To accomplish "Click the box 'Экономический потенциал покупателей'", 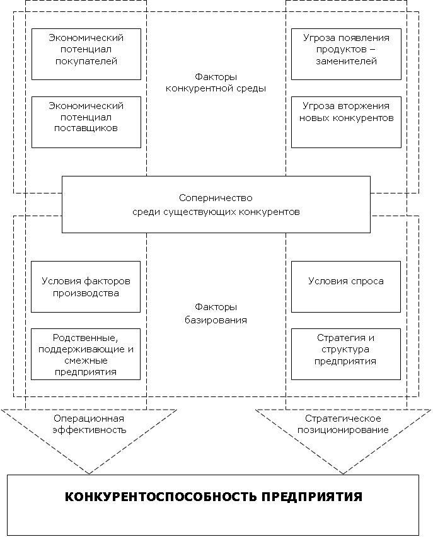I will point(86,54).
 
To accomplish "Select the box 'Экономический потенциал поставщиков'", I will point(86,122).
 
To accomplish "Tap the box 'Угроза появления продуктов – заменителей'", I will point(346,54).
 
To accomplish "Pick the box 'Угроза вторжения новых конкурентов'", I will point(346,122).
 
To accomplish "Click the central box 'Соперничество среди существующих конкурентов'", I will point(216,204).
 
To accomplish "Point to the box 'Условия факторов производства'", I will point(86,287).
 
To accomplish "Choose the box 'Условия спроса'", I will point(346,287).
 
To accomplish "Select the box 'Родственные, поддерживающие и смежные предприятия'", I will point(86,354).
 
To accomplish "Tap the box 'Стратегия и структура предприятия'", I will point(346,354).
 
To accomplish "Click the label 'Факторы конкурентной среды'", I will point(216,82).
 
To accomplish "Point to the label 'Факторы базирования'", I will point(216,313).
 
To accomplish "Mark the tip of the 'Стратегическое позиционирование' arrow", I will point(344,473).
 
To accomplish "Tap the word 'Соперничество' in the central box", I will point(216,197).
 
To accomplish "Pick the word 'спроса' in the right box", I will point(367,281).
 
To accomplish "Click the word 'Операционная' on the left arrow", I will point(89,419).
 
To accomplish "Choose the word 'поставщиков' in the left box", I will point(86,128).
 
